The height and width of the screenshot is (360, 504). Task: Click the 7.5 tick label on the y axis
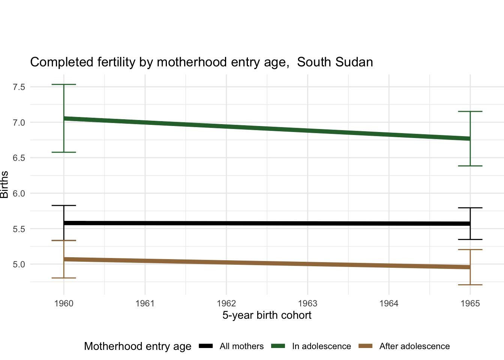[x=19, y=87]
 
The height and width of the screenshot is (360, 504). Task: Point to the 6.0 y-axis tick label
[x=19, y=193]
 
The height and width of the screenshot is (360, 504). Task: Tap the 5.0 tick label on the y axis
[x=19, y=264]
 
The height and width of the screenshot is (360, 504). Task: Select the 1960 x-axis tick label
[x=64, y=303]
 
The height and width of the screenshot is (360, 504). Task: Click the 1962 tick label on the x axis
[x=226, y=303]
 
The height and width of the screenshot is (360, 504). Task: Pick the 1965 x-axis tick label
[x=470, y=303]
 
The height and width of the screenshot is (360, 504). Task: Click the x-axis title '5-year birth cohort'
[x=267, y=315]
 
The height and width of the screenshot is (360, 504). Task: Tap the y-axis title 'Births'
[x=4, y=184]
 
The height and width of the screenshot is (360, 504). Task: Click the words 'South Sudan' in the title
[x=335, y=62]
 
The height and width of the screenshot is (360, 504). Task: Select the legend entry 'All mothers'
[x=241, y=346]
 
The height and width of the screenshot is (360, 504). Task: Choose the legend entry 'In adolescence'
[x=321, y=346]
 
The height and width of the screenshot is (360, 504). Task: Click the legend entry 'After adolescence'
[x=414, y=346]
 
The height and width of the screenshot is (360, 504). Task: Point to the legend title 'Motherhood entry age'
[x=138, y=346]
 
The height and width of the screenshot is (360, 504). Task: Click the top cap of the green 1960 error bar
[x=64, y=85]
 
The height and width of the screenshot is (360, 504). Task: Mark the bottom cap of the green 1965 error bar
[x=470, y=166]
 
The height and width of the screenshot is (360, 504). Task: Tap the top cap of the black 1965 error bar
[x=470, y=208]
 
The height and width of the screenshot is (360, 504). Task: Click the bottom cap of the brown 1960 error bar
[x=64, y=278]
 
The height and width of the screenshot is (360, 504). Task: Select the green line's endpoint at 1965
[x=470, y=139]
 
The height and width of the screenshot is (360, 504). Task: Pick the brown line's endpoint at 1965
[x=470, y=267]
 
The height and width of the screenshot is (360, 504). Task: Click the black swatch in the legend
[x=206, y=346]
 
